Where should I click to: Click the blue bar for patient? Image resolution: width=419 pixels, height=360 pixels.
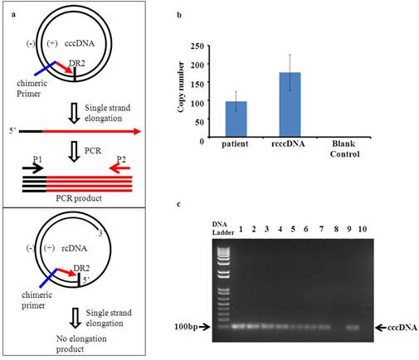(x=236, y=119)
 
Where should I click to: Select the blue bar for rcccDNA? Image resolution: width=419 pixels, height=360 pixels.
(x=290, y=105)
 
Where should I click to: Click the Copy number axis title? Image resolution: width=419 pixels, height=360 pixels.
(x=181, y=87)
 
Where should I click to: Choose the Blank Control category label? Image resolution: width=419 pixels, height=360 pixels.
(x=344, y=148)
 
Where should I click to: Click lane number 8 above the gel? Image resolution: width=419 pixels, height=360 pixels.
(x=336, y=229)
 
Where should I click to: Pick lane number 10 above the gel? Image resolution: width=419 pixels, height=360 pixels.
(x=363, y=229)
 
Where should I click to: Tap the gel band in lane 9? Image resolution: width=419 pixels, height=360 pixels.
(x=353, y=327)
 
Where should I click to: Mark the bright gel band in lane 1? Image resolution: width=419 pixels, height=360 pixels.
(x=238, y=327)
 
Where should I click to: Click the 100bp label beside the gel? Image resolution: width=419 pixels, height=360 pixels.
(x=186, y=327)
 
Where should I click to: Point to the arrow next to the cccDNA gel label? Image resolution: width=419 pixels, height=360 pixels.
(x=381, y=328)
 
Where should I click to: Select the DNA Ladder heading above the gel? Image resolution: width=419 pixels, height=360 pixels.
(x=223, y=228)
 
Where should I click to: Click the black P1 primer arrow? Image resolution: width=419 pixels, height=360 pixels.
(x=33, y=168)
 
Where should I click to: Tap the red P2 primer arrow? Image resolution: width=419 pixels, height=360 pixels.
(x=119, y=168)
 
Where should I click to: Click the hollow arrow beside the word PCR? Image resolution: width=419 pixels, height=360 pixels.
(x=74, y=152)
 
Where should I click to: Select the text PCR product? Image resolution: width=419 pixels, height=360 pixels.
(x=79, y=198)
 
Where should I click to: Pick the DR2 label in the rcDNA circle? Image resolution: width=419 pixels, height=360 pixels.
(x=81, y=268)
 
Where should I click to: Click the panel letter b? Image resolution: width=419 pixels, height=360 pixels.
(x=179, y=15)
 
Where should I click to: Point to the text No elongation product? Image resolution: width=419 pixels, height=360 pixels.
(x=81, y=343)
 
